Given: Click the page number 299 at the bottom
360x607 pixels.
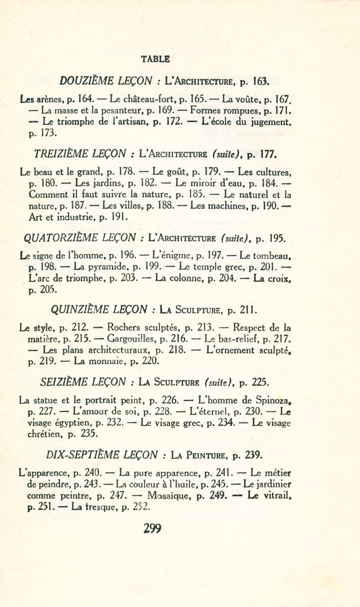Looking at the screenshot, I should click(152, 528).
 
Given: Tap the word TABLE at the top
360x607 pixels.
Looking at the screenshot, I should click(155, 59).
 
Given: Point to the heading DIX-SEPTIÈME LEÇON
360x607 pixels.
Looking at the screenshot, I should click(103, 454).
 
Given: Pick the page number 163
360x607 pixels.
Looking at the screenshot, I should click(258, 80).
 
